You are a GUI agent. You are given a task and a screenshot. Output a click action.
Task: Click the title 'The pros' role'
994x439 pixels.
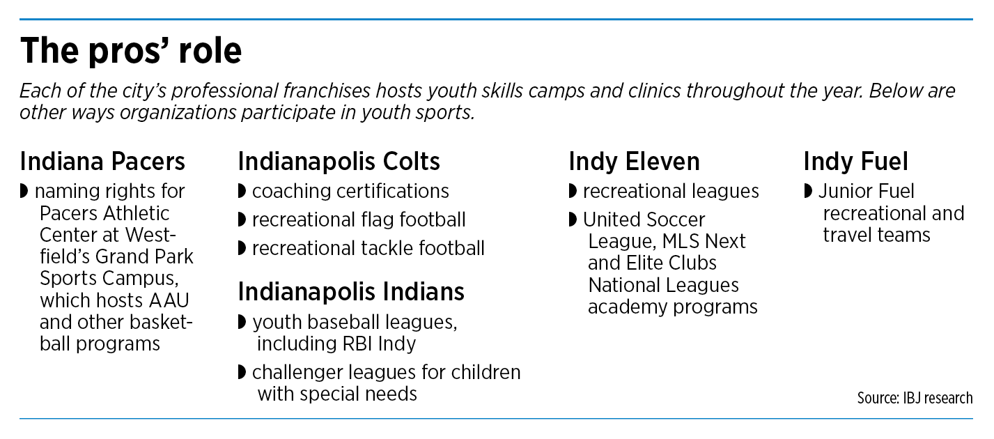point(131,51)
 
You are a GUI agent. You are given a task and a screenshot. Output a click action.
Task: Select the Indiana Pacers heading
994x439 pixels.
point(102,161)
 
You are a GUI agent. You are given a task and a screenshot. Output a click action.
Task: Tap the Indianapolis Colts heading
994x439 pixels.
point(339,161)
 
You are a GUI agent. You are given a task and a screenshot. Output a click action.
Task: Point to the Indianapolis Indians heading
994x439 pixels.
point(351,292)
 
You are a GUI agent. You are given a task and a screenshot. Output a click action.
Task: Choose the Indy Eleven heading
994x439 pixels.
point(634,161)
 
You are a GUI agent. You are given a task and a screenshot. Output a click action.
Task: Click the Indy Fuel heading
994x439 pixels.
point(855,161)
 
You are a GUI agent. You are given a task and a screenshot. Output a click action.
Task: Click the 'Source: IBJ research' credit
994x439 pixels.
point(915,398)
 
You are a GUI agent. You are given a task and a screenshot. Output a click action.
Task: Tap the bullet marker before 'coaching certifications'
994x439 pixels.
point(242,192)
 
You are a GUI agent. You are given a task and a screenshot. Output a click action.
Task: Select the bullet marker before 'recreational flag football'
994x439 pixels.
point(242,219)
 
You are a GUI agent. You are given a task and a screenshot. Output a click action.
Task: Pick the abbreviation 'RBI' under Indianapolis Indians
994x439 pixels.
point(357,344)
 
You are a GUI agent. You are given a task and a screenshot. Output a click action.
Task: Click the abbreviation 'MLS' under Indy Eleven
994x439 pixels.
point(681,242)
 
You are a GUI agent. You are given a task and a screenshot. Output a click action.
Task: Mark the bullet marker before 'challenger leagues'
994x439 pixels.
point(242,372)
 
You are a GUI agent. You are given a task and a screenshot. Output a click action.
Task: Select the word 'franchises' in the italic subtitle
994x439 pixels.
point(327,91)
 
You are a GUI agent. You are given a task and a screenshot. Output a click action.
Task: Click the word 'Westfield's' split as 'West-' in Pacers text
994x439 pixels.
point(150,235)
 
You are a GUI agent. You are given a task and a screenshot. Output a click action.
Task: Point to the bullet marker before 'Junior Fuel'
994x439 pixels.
point(808,192)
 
